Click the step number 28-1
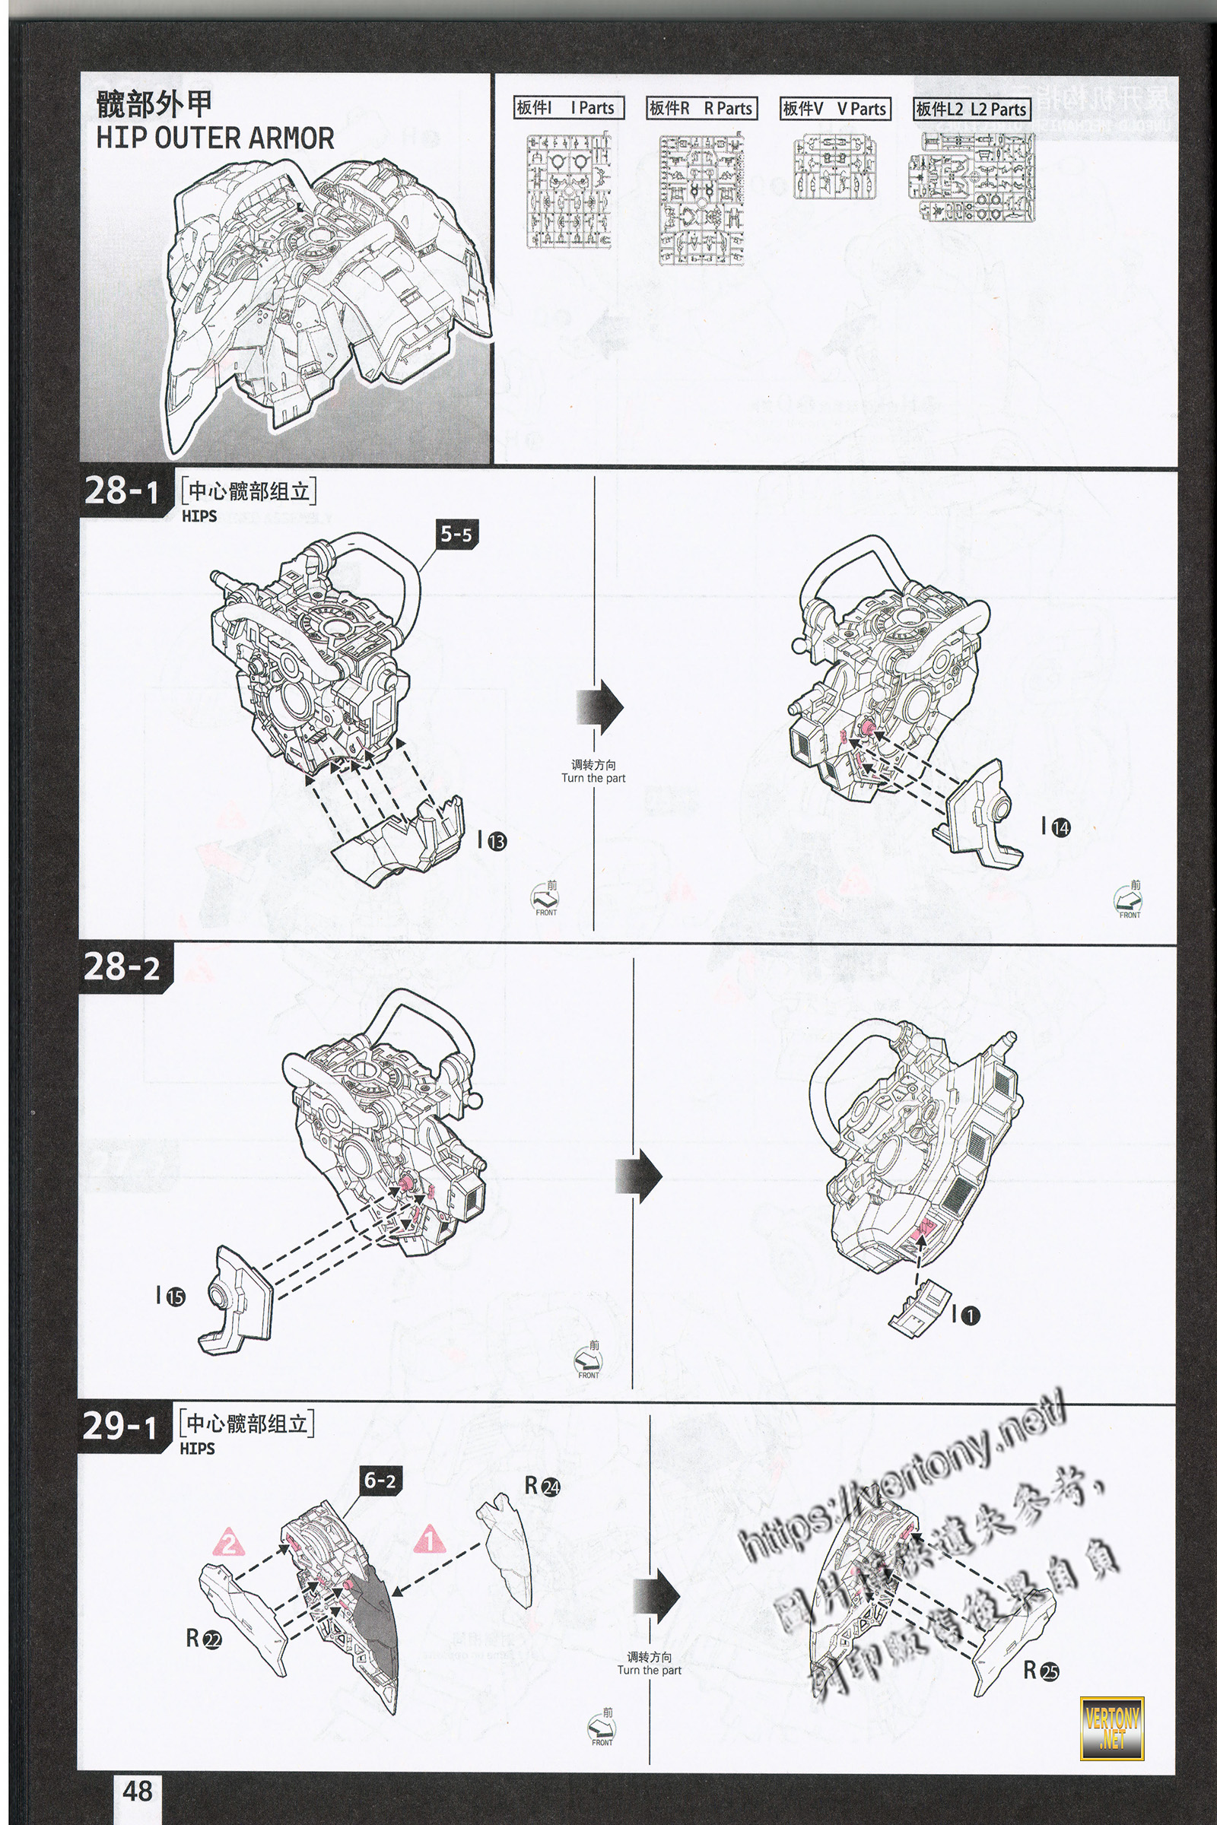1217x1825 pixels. (x=121, y=491)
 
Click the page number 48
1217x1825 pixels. (x=138, y=1790)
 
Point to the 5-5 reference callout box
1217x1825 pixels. (x=456, y=534)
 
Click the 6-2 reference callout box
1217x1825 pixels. (x=380, y=1481)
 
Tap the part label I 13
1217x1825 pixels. (x=492, y=840)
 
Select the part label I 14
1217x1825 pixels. (x=1056, y=827)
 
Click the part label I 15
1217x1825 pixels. (x=170, y=1296)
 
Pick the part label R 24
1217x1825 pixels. (x=542, y=1486)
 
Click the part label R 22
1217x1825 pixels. (x=204, y=1638)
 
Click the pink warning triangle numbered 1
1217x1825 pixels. (x=429, y=1538)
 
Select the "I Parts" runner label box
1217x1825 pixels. (x=569, y=108)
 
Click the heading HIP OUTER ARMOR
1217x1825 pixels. (x=214, y=138)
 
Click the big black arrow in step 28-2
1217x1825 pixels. (x=639, y=1176)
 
